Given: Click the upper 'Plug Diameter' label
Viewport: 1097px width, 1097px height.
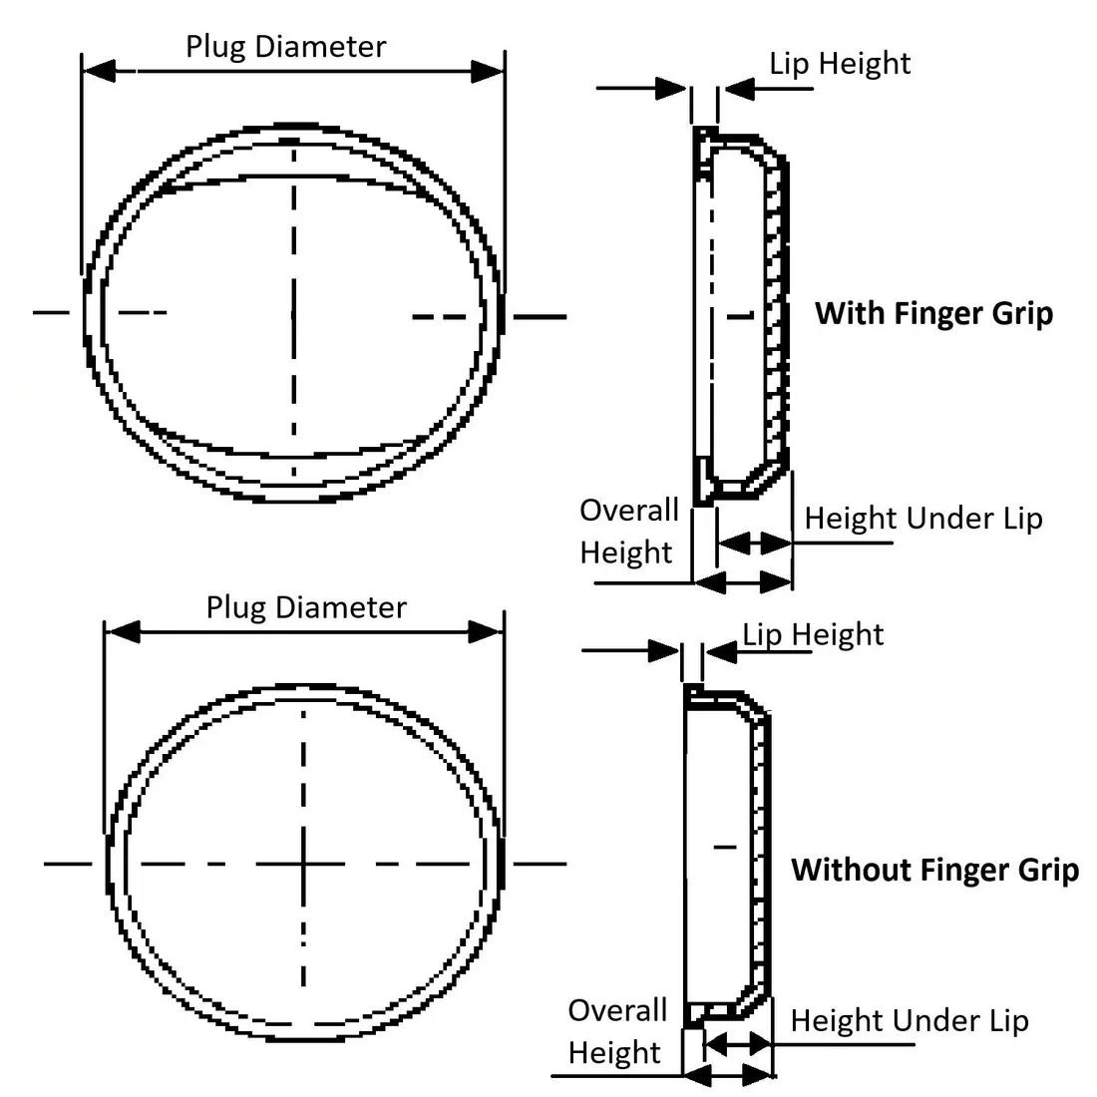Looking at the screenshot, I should [x=285, y=46].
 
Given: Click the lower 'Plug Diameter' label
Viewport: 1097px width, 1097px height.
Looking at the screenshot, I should [x=306, y=607].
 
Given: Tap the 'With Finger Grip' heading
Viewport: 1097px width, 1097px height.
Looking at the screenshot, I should [x=933, y=313].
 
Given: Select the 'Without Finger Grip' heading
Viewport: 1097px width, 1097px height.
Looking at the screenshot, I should [x=934, y=870].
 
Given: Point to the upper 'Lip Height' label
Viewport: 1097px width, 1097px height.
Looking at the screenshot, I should [x=840, y=64].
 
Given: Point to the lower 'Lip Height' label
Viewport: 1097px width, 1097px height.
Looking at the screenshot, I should [x=813, y=634].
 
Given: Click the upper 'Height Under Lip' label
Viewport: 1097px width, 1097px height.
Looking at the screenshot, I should [x=923, y=519].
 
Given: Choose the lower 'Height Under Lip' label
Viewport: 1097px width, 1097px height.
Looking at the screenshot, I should [x=910, y=1021].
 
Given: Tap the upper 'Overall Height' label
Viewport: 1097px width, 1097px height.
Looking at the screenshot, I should [x=628, y=531].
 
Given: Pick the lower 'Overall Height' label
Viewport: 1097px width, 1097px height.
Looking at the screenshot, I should [x=616, y=1031].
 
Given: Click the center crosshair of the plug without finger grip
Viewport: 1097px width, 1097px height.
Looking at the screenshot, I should [x=303, y=862].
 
